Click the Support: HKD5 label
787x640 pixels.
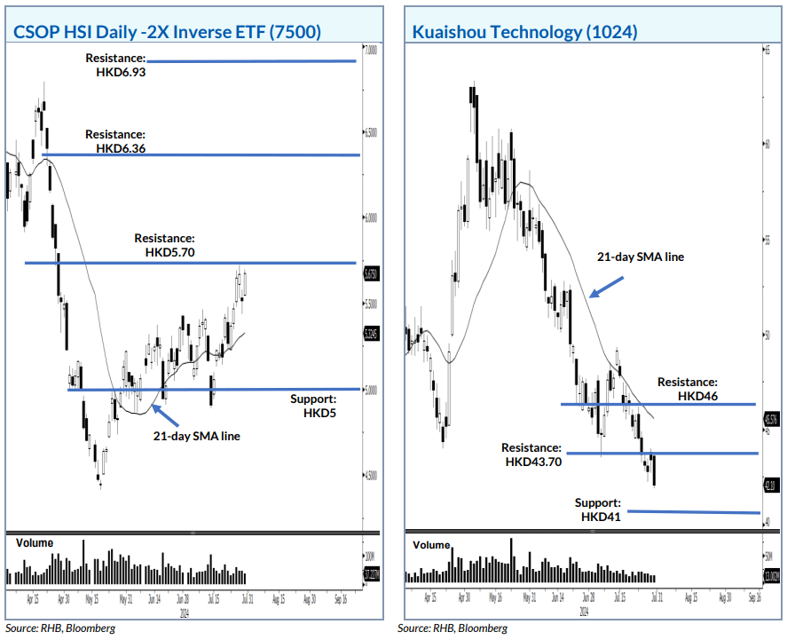click(314, 407)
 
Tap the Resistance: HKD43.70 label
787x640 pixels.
click(531, 455)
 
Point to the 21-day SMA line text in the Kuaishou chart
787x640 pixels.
click(640, 257)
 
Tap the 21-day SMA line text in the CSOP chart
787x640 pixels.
click(196, 436)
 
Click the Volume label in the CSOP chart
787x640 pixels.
click(34, 542)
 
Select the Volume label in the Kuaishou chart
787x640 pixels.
click(431, 545)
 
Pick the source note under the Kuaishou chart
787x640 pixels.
click(453, 628)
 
